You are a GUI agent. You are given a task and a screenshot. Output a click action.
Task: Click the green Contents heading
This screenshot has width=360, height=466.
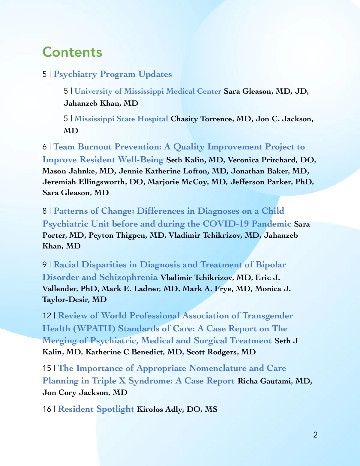coord(72,52)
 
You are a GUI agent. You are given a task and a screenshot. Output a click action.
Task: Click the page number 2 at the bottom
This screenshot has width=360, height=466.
coord(315,434)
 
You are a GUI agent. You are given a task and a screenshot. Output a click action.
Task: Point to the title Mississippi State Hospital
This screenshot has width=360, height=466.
coord(121,119)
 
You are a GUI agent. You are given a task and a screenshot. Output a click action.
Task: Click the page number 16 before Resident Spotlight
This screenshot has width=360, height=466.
coord(47,409)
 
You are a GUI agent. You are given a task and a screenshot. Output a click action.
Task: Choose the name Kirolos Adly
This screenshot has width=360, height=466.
coord(160,409)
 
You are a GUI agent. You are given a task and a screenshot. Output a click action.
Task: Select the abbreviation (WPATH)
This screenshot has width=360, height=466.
coord(94,329)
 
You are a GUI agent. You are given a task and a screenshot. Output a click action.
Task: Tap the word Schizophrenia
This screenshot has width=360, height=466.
coord(128,277)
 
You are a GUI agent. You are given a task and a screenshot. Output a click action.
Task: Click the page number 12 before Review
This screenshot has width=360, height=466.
coord(47,316)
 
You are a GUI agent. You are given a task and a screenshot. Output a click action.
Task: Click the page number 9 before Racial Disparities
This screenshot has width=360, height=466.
coord(45,265)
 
